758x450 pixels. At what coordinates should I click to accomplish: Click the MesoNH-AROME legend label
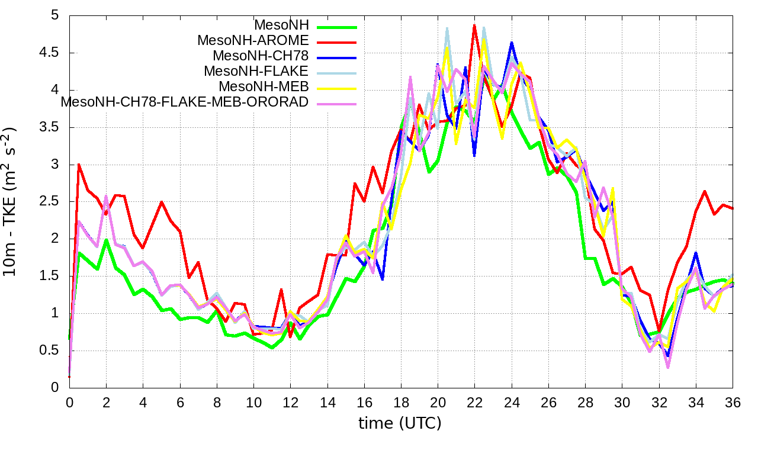pos(253,41)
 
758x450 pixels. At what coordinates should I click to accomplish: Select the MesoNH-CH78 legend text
pos(261,56)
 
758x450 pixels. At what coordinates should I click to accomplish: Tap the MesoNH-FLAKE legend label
pos(256,72)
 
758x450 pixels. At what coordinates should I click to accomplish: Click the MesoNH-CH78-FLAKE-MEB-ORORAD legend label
pos(185,102)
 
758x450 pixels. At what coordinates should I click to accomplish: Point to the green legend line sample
pos(337,27)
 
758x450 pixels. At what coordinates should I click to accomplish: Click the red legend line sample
pos(337,42)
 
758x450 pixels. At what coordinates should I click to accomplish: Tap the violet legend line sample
pos(337,104)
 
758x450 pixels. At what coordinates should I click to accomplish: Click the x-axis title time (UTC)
pos(400,423)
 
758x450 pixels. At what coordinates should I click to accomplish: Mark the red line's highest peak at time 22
pos(474,25)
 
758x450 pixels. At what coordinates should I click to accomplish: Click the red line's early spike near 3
pos(79,165)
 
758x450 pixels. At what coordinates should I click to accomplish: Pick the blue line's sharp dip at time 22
pos(474,156)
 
